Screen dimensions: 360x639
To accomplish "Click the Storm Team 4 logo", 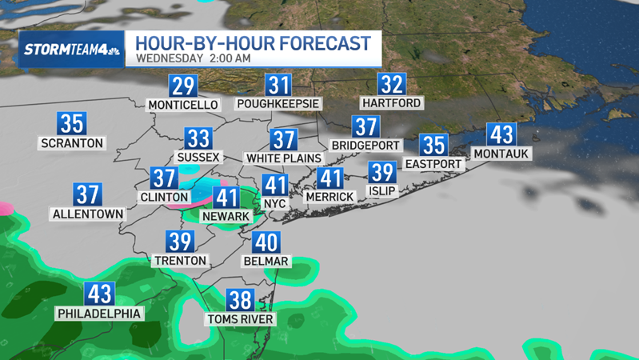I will coord(72,49).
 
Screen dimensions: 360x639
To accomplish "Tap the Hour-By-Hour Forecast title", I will coord(253,42).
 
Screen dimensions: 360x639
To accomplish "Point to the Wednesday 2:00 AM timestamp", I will coord(194,58).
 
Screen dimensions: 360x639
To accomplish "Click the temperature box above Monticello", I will coord(183,86).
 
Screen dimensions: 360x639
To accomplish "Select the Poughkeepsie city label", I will coord(278,104).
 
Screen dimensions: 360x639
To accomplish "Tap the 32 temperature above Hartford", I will coord(391,85).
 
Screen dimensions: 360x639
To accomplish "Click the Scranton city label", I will coord(72,143).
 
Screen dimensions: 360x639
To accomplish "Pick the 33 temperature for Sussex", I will coord(198,139).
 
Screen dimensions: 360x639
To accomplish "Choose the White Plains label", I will coord(283,158).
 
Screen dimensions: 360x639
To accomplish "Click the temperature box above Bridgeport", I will coord(365,127).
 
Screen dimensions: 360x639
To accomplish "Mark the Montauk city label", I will coord(501,153).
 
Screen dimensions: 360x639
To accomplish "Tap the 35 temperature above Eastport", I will coord(433,146).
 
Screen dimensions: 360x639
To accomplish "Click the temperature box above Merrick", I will coord(329,178).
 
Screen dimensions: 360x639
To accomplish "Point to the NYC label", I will coord(275,204).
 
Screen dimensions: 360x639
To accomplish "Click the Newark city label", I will coord(226,216).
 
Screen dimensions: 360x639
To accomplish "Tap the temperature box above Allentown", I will coord(88,194).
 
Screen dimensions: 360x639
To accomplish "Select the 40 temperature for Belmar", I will coord(266,242).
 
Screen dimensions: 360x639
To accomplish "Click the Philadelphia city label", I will coord(99,314).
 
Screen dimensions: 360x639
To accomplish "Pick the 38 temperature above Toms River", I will coord(240,300).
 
